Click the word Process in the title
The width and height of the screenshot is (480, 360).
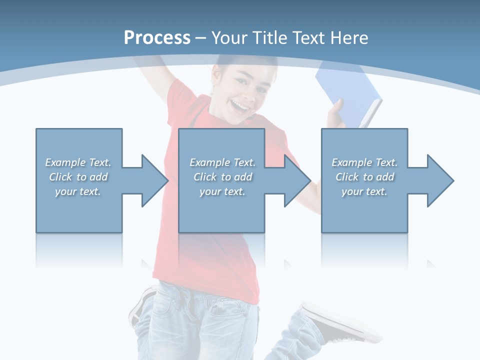(157, 38)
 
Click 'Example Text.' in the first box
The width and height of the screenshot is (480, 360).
(78, 162)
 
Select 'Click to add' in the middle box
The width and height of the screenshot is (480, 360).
(222, 177)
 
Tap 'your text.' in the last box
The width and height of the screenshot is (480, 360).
(364, 191)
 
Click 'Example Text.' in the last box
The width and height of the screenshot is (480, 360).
(364, 162)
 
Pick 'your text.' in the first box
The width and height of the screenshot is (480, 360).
(78, 191)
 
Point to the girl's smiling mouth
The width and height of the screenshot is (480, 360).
(240, 106)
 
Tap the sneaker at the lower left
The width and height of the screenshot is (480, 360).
(142, 305)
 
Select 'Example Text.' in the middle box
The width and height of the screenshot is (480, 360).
(222, 162)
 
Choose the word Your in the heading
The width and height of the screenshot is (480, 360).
(229, 38)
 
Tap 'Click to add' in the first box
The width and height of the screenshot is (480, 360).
(78, 177)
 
